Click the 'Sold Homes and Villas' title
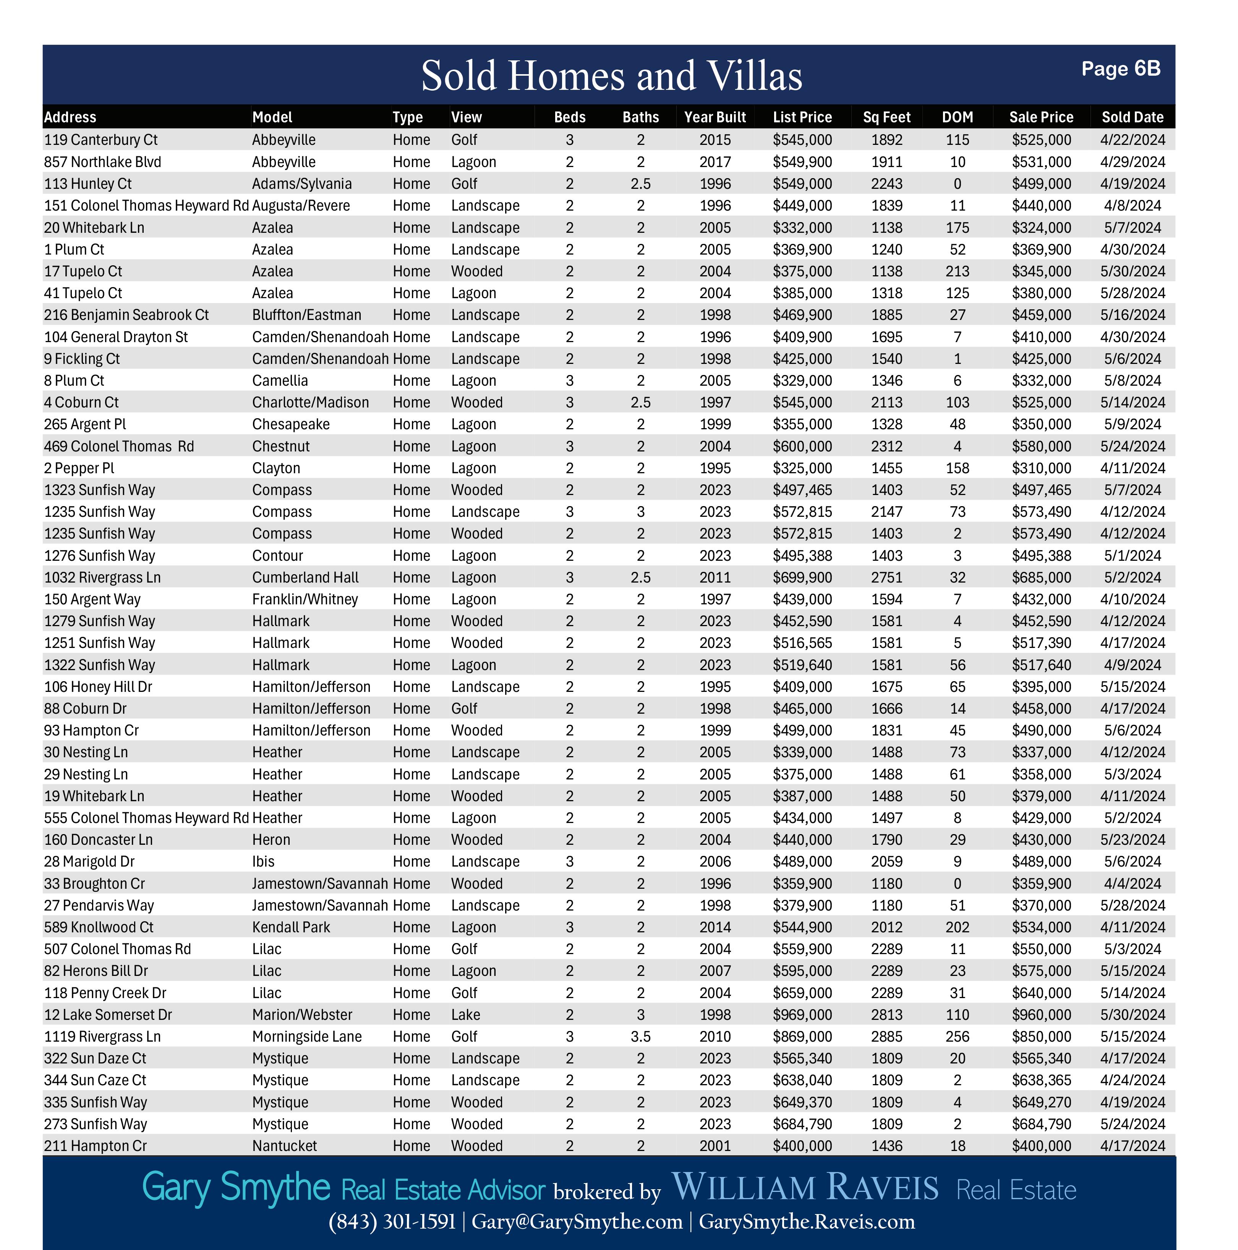pos(611,76)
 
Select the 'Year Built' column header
pos(715,117)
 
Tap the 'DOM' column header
pos(957,117)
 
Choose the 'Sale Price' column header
pos(1041,117)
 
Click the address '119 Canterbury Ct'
pos(101,140)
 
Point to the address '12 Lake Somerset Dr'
pos(108,1015)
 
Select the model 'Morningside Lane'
pos(306,1036)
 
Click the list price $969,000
pos(802,1015)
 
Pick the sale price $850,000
pos(1041,1036)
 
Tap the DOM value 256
pos(957,1036)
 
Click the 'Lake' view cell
pos(466,1015)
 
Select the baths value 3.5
pos(640,1036)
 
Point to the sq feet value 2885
pos(886,1036)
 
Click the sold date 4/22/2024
pos(1132,140)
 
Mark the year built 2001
pos(715,1146)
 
